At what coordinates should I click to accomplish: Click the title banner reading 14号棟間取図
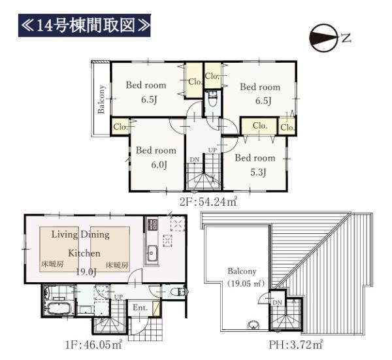[84, 25]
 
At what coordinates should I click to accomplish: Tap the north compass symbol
[324, 38]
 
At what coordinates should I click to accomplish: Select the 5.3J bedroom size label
[258, 172]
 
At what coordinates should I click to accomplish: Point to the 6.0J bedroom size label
[159, 165]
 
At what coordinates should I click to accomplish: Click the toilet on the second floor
[213, 99]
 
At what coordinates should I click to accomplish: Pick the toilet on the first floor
[180, 291]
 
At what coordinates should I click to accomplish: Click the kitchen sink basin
[152, 253]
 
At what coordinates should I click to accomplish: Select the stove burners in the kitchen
[152, 224]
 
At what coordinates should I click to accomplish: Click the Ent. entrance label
[140, 308]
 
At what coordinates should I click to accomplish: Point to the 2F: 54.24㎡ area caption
[208, 201]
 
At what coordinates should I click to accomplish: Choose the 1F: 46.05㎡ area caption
[93, 345]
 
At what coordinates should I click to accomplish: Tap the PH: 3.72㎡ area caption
[296, 345]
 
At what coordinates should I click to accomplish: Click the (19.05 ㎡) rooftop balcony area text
[245, 284]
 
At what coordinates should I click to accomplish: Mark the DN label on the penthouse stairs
[277, 303]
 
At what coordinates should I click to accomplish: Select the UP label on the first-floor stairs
[118, 297]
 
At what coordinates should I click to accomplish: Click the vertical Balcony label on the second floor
[101, 99]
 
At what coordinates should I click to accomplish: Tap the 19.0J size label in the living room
[86, 272]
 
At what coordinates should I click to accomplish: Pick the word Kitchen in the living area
[84, 253]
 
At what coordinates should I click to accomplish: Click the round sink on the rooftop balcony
[253, 325]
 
